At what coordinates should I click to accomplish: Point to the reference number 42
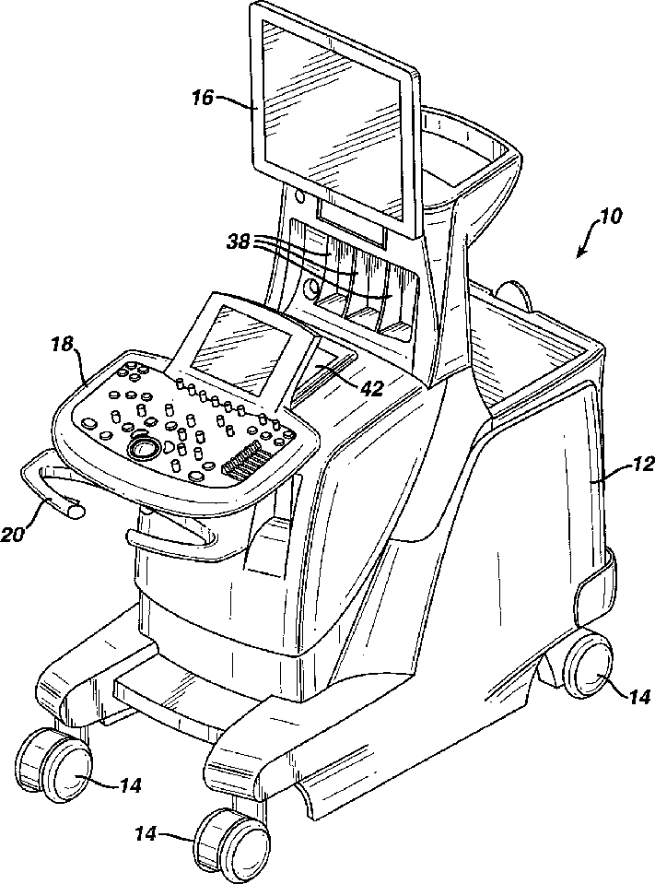pos(372,388)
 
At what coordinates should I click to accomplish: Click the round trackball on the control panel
pos(143,448)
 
